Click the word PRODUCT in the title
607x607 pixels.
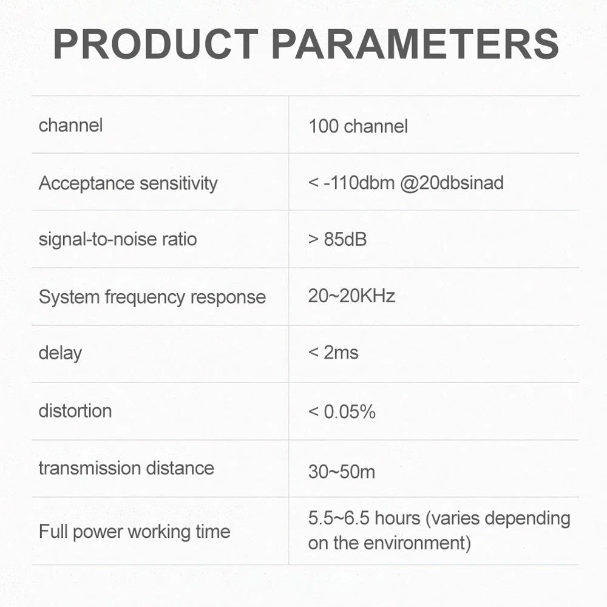155,44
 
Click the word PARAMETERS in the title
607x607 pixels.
415,44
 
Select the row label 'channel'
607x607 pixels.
70,125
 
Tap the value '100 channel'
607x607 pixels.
358,126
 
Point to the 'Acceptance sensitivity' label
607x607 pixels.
128,183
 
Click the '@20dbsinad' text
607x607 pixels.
452,183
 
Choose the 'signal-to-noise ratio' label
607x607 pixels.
118,239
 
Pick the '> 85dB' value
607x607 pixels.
337,239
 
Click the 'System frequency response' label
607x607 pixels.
152,297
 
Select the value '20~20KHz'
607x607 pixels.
351,296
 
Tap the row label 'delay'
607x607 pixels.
60,353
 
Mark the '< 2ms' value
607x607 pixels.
333,353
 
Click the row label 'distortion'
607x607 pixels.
75,411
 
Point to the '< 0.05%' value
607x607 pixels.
342,412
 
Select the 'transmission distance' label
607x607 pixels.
126,468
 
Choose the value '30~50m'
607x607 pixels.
341,472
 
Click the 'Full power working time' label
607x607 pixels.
134,532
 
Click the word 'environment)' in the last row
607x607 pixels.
418,543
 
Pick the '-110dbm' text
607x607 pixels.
359,183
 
